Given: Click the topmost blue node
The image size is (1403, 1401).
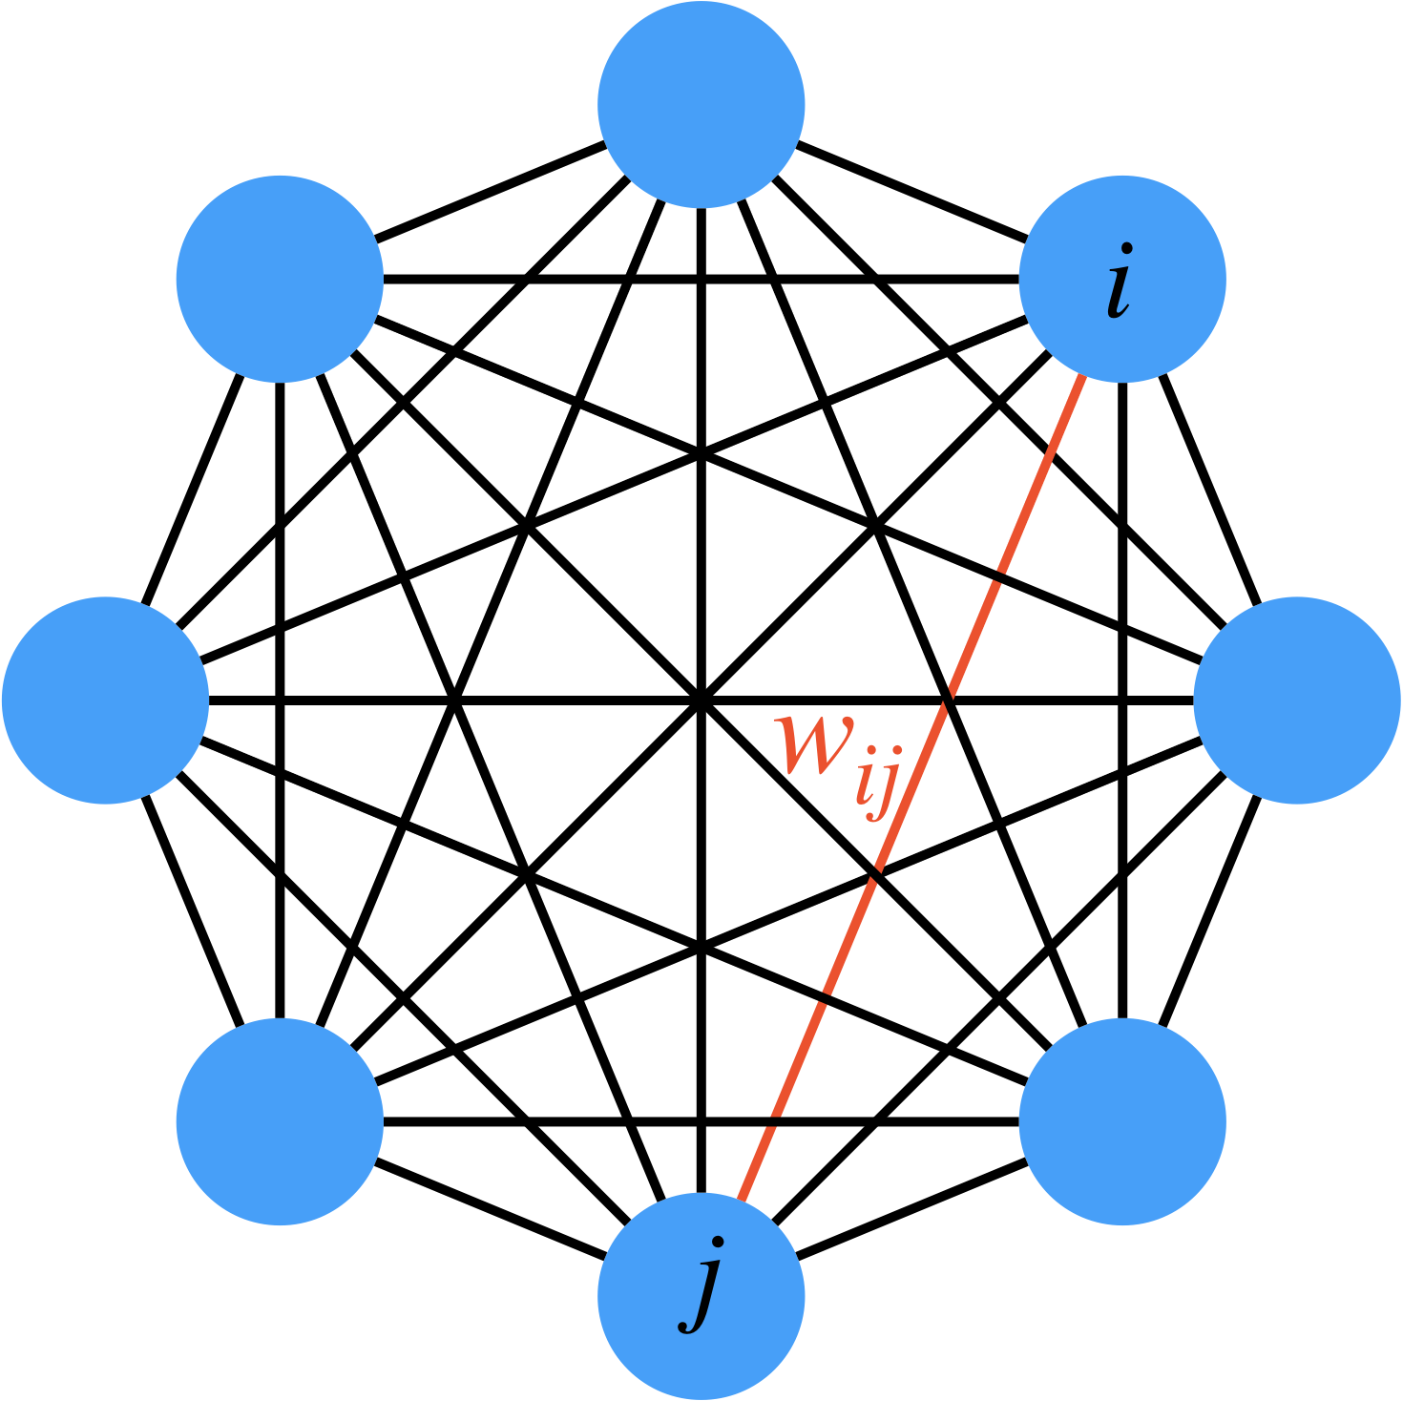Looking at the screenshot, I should [701, 103].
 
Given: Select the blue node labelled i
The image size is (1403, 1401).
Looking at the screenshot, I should [1122, 279].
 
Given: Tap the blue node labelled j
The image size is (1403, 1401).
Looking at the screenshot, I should [701, 1296].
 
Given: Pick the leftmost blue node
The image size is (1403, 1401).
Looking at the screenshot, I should [105, 700].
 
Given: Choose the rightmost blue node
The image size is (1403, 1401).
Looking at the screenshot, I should [1297, 700].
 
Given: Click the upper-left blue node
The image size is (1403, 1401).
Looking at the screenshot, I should [280, 279].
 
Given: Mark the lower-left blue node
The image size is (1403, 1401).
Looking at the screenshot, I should [280, 1121].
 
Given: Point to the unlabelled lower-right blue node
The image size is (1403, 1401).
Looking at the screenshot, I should [1122, 1121].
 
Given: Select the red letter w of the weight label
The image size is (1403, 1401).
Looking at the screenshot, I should [811, 744].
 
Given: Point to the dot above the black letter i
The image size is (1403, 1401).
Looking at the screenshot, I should [1127, 251].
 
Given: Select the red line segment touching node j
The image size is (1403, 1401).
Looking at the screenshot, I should [754, 1164].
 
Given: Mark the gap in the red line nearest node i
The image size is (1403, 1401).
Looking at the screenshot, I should [1000, 573].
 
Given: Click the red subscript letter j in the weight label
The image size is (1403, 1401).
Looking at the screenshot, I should [887, 792].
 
